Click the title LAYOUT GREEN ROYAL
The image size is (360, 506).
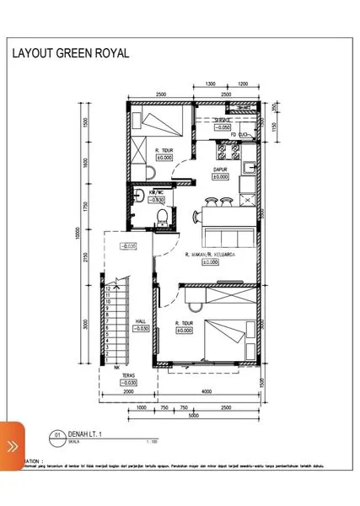click(x=70, y=53)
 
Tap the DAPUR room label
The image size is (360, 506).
click(x=220, y=170)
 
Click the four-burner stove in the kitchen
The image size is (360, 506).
click(x=226, y=153)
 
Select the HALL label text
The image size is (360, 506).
click(x=142, y=320)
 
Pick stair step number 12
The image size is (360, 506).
click(x=109, y=288)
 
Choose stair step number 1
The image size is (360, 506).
click(x=109, y=360)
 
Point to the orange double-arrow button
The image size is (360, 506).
click(x=13, y=445)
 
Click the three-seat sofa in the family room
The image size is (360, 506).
click(x=228, y=235)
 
